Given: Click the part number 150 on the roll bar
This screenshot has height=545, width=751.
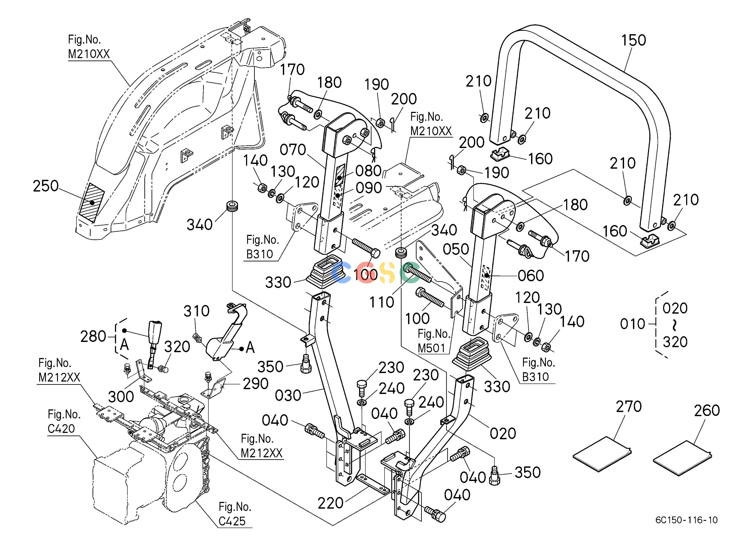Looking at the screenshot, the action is click(x=633, y=40).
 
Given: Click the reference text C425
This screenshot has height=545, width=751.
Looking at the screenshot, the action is click(x=232, y=521).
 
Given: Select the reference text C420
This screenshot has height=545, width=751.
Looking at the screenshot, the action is click(x=61, y=429).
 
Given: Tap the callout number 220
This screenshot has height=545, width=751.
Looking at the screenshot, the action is click(x=331, y=503).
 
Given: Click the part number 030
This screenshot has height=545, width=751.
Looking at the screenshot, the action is click(x=288, y=395).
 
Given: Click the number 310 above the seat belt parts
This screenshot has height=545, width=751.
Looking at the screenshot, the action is click(x=197, y=311).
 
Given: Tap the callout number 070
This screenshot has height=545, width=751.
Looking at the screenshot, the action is click(x=293, y=150).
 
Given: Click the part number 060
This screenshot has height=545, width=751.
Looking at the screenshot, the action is click(x=531, y=276).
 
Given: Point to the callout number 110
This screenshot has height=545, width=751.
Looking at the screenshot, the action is click(x=382, y=302).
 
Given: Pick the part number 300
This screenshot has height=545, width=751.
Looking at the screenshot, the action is click(x=121, y=396).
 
